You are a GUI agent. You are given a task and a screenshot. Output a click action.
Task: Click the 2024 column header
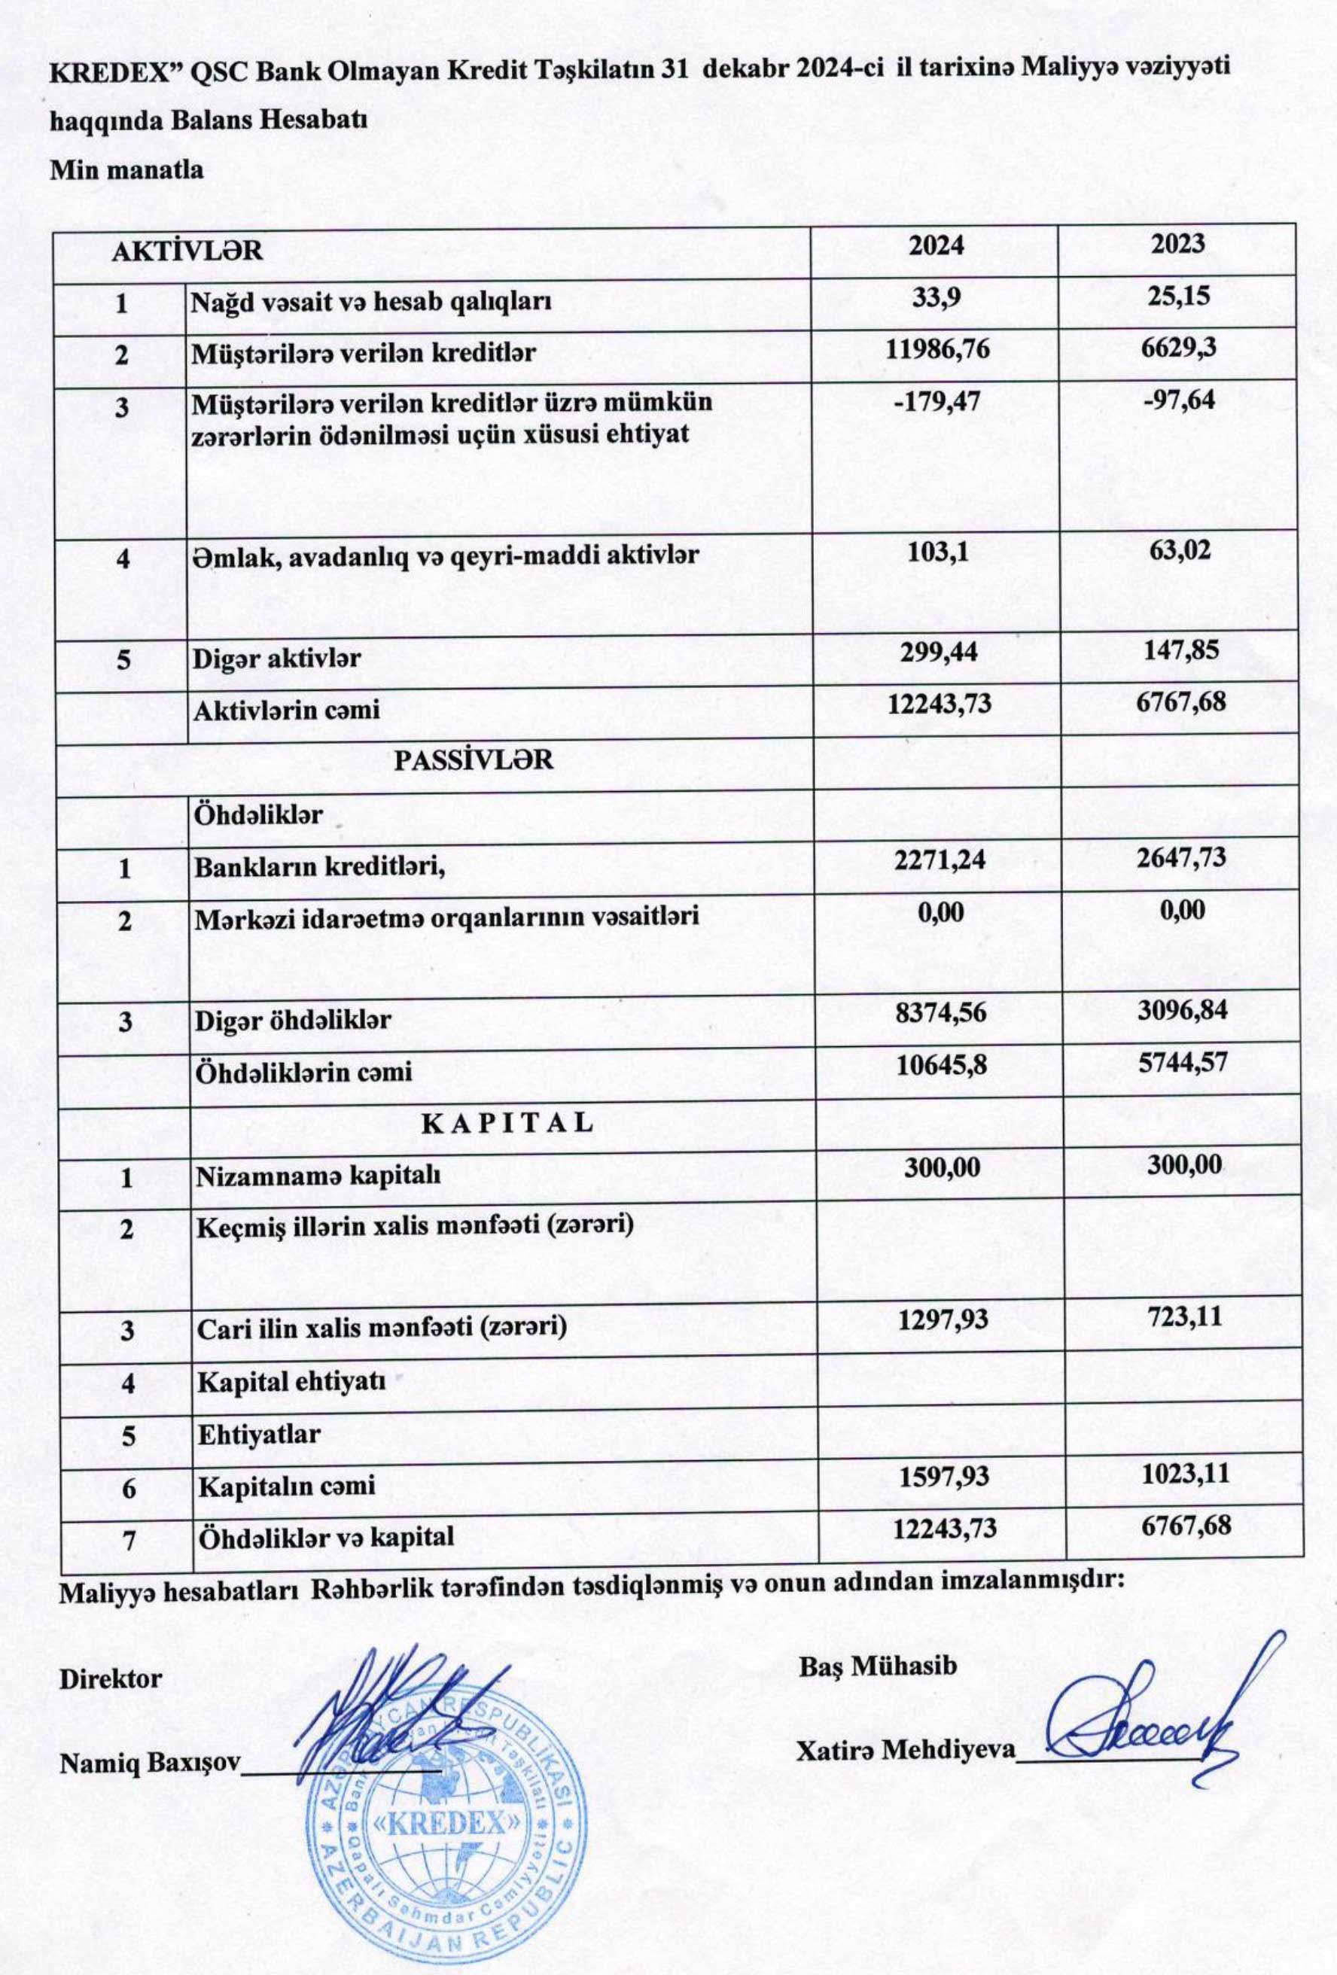click(x=937, y=245)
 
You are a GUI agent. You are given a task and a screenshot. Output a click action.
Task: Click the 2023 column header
click(x=1178, y=244)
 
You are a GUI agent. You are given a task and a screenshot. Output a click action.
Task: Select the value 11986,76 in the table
click(x=937, y=348)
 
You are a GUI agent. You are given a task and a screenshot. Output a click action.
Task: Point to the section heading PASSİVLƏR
click(x=474, y=759)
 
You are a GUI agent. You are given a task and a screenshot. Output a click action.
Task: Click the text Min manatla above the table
click(x=126, y=170)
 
